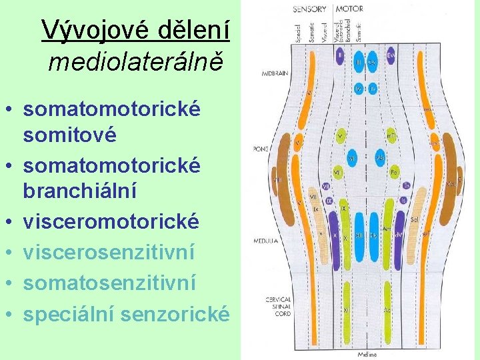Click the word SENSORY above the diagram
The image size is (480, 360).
pyautogui.click(x=309, y=9)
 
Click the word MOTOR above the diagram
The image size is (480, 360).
pyautogui.click(x=349, y=9)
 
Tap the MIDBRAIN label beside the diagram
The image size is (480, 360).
pyautogui.click(x=275, y=74)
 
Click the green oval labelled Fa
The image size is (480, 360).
pyautogui.click(x=394, y=173)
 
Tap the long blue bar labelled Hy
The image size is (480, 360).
pyautogui.click(x=374, y=233)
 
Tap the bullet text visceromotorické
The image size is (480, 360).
pyautogui.click(x=111, y=221)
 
